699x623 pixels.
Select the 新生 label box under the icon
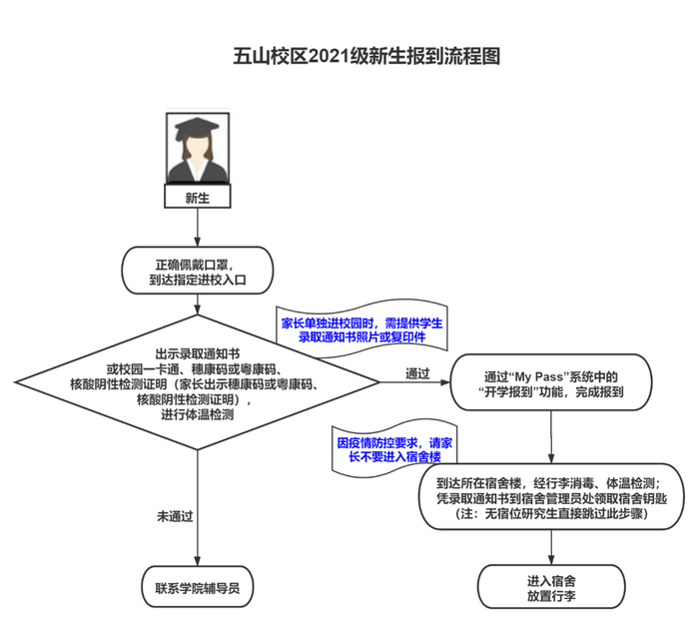coord(196,198)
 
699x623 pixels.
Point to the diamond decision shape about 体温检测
coord(196,383)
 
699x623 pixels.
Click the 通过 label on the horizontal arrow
coord(417,373)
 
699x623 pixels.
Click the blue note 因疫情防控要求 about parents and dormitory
coord(392,448)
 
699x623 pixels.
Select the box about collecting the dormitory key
coord(551,496)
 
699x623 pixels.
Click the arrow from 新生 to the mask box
coord(196,227)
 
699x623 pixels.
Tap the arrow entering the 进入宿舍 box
coord(551,545)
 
